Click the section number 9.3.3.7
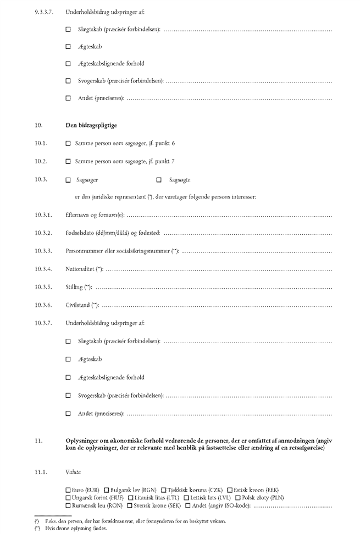tap(43, 12)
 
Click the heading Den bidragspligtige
tap(91, 125)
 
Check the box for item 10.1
tap(68, 144)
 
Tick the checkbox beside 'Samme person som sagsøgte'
tap(68, 162)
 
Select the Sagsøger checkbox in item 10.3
tap(68, 180)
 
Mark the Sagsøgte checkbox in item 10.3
tap(159, 180)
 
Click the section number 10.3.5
tap(43, 287)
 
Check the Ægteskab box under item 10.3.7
tap(68, 360)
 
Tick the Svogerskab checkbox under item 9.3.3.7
tap(68, 81)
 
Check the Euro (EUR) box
tap(68, 490)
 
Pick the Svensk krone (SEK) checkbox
tap(130, 505)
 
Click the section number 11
tap(38, 441)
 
